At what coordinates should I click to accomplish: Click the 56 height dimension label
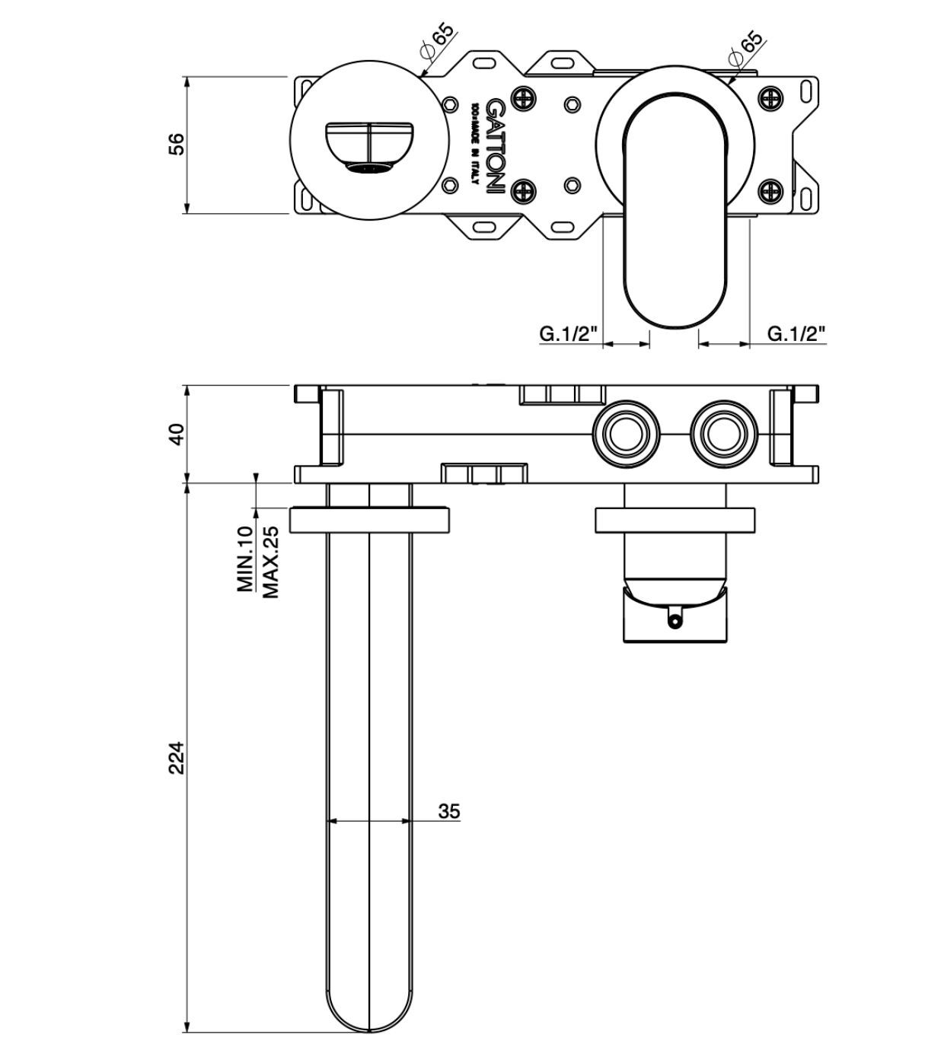coord(176,144)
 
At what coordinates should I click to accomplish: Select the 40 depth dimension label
coord(176,434)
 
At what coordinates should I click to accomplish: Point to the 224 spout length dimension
coord(176,757)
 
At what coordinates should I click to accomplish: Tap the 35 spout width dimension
coord(449,811)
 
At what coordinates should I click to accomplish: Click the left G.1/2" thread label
coord(569,333)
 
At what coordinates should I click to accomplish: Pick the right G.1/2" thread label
coord(796,333)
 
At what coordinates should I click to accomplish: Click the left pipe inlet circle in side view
coord(624,435)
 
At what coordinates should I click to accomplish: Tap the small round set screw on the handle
coord(674,621)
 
